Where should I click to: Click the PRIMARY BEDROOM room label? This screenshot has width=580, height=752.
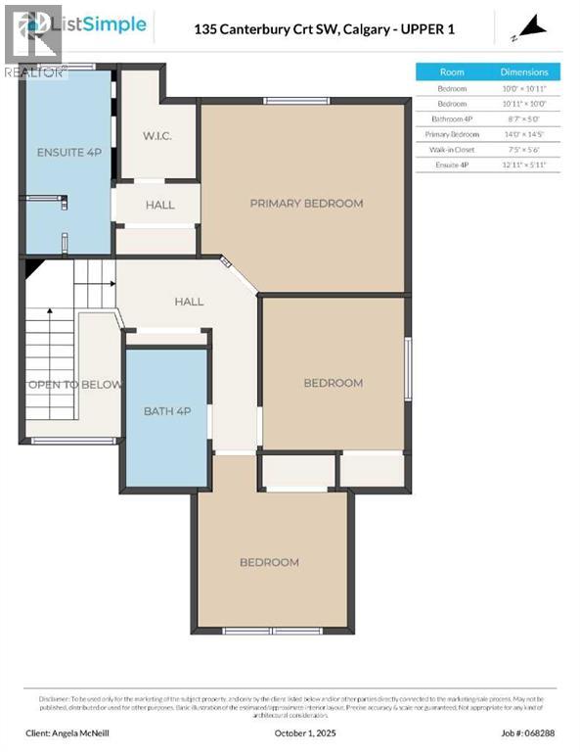pos(306,204)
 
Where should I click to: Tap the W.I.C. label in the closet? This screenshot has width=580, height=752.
pos(156,135)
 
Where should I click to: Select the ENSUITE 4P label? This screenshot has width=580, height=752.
pos(67,153)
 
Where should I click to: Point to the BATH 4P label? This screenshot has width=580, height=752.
pos(167,411)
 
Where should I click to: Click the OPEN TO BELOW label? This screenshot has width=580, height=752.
pos(74,384)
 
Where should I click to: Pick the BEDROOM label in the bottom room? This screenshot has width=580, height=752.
pos(270,562)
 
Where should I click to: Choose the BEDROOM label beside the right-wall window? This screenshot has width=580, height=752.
pos(333,383)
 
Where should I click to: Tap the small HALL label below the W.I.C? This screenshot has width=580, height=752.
pos(159,205)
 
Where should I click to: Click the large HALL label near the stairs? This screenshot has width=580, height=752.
pos(189,302)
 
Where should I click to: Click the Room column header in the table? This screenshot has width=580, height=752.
pos(452,72)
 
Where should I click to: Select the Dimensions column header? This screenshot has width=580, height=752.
pos(525,72)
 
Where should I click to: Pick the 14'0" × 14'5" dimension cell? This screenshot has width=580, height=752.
pos(525,135)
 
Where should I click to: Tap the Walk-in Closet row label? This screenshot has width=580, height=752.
pos(452,151)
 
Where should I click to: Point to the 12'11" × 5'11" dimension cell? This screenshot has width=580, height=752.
pos(525,166)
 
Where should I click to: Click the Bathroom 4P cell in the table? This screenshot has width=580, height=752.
pos(452,119)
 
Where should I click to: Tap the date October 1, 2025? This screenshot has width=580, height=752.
pos(290,731)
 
